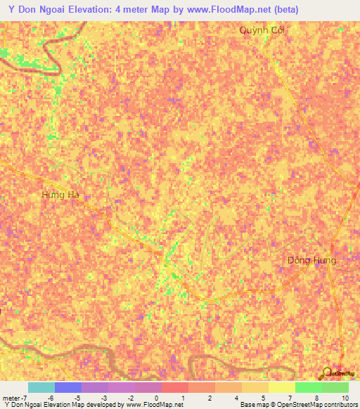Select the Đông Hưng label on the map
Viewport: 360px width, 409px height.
pos(312,260)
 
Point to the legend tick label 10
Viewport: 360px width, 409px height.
pos(344,398)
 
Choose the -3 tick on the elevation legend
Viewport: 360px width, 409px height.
pos(105,398)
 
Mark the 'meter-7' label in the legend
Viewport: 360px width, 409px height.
pos(14,398)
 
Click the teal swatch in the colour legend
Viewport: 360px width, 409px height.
pos(41,387)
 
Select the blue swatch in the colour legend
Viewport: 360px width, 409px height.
pos(67,387)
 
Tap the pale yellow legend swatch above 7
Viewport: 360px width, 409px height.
pos(281,387)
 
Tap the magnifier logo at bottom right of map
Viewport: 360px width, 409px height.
pos(327,373)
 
